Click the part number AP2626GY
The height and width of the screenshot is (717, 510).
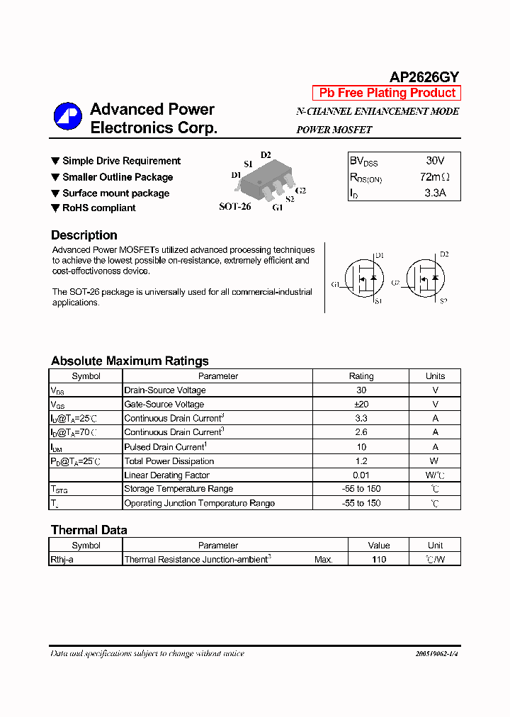pyautogui.click(x=424, y=77)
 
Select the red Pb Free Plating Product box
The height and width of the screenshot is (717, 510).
pyautogui.click(x=387, y=93)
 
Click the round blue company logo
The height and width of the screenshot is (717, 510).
pyautogui.click(x=68, y=117)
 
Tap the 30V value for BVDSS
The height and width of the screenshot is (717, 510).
pyautogui.click(x=435, y=161)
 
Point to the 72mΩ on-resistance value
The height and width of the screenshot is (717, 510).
pyautogui.click(x=434, y=176)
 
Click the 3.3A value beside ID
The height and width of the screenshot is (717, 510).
pyautogui.click(x=435, y=192)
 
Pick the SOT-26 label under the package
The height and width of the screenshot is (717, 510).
pyautogui.click(x=234, y=207)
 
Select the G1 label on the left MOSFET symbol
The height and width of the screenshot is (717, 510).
pyautogui.click(x=336, y=284)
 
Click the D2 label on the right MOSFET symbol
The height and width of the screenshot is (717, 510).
pyautogui.click(x=444, y=254)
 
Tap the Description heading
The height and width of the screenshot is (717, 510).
pyautogui.click(x=84, y=235)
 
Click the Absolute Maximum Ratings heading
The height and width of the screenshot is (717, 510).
pyautogui.click(x=130, y=361)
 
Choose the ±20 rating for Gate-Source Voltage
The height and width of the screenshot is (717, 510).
pyautogui.click(x=361, y=404)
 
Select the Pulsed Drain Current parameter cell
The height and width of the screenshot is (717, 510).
pyautogui.click(x=166, y=446)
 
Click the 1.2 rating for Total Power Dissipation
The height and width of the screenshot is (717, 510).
pyautogui.click(x=361, y=461)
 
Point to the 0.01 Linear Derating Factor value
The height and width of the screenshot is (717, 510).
pyautogui.click(x=361, y=475)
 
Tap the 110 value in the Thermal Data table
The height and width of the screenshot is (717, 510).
pyautogui.click(x=379, y=559)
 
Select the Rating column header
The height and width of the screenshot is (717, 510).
pyautogui.click(x=361, y=376)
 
